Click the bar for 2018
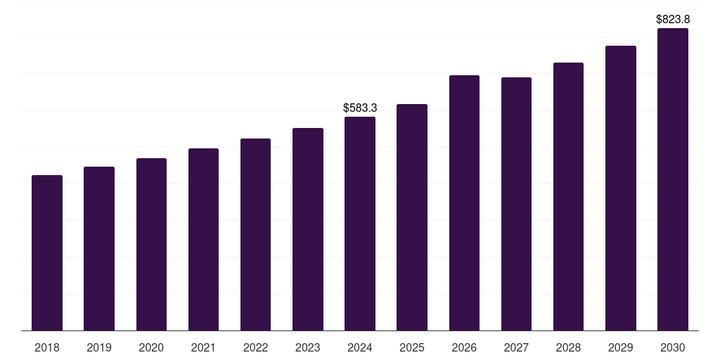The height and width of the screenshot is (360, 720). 47,253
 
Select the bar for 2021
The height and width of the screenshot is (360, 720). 203,240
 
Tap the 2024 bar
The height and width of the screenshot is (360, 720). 360,224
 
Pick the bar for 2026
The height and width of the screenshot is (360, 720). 464,203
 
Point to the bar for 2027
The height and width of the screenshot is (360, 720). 516,204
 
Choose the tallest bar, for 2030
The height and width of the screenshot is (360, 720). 673,179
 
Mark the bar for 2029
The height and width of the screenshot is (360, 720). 621,188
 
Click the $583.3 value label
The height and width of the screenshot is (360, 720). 360,108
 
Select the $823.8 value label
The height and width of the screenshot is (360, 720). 673,20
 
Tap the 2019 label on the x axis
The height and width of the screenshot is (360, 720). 99,348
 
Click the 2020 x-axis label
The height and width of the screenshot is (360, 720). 151,348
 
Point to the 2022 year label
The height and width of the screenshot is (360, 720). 255,348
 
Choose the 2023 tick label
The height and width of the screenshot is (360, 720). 308,348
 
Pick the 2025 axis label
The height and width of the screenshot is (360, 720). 412,348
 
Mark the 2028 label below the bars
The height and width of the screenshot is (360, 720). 568,348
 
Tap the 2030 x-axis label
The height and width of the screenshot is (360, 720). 673,348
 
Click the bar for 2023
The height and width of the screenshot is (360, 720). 308,229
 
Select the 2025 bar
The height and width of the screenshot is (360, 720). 412,217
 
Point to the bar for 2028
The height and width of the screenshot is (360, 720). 568,197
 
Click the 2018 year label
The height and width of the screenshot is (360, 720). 47,348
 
